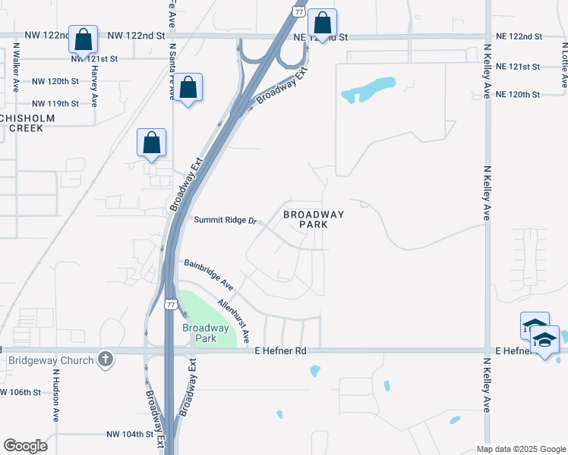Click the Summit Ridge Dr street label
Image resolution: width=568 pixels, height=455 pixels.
pos(226,221)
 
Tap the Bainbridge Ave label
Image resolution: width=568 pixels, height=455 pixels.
pos(208,274)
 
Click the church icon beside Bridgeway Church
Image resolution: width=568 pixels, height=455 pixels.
pos(106,359)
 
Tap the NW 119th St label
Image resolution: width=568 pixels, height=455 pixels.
pos(55,103)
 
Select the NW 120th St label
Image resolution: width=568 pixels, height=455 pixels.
pos(55,81)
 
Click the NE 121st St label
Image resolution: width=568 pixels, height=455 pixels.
pos(517,67)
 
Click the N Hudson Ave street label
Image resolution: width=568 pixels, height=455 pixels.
pos(56,395)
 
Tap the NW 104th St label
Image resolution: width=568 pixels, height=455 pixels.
pos(131,435)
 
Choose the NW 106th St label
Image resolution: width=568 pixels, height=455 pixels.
pos(15,392)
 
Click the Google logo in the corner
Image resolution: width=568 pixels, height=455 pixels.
pos(25,445)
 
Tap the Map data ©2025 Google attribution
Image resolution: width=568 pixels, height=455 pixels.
pos(521,449)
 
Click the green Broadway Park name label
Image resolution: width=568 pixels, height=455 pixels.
pos(205,333)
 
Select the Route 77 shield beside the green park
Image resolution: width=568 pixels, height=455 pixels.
pos(171,305)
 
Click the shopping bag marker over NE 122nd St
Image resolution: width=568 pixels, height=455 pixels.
pos(322,25)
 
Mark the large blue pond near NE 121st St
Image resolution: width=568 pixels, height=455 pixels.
pos(368,89)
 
